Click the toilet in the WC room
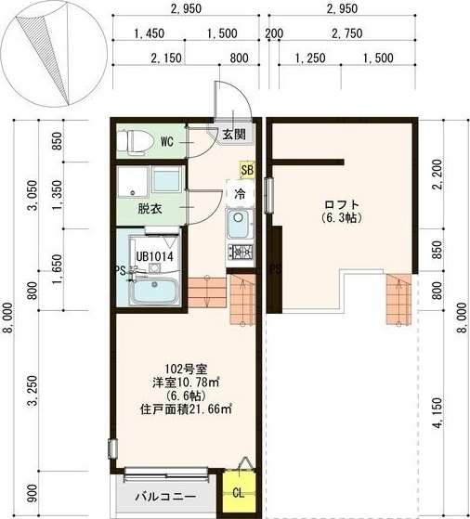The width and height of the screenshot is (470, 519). [137, 142]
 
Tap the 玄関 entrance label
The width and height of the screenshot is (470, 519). [233, 134]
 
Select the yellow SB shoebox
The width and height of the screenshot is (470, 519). [247, 170]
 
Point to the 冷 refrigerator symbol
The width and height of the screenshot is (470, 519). [240, 195]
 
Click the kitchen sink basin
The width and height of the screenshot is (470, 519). [239, 223]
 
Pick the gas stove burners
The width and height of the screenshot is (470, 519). [239, 252]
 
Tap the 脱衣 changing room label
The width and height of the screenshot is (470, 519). [150, 208]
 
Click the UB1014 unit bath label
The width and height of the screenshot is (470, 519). [155, 255]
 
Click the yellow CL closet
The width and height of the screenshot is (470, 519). [238, 492]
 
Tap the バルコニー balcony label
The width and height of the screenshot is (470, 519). [164, 495]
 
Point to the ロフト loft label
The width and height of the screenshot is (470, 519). [342, 204]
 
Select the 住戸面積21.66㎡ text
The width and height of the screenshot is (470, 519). [186, 407]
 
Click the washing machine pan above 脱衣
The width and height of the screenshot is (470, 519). [168, 180]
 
